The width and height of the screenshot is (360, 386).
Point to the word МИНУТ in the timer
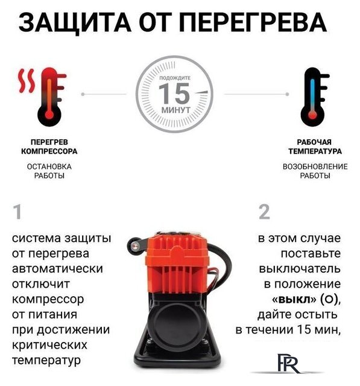(x=174, y=110)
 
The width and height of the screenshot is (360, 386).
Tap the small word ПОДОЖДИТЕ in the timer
(x=174, y=79)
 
